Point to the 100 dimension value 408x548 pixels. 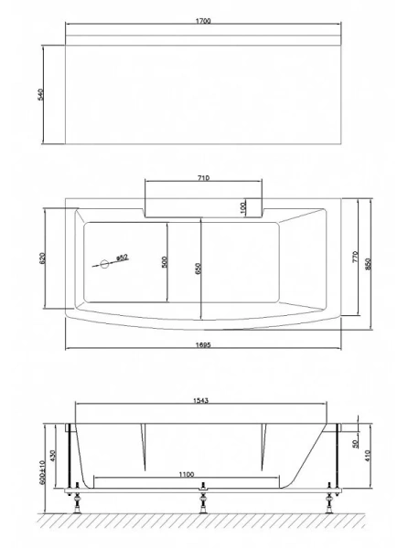coord(243,207)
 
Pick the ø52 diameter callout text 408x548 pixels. coord(120,258)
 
